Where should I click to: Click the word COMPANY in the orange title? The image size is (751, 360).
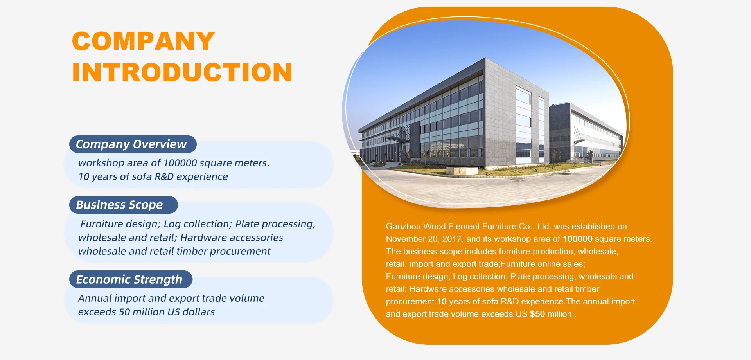pyautogui.click(x=144, y=41)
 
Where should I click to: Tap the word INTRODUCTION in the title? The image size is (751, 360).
pyautogui.click(x=182, y=72)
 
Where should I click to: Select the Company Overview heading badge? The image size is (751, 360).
pyautogui.click(x=133, y=144)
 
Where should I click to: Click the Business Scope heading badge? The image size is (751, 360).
pyautogui.click(x=123, y=205)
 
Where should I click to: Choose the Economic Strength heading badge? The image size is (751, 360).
pyautogui.click(x=131, y=279)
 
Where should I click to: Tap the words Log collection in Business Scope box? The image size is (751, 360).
pyautogui.click(x=198, y=224)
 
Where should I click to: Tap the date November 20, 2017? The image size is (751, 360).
pyautogui.click(x=424, y=239)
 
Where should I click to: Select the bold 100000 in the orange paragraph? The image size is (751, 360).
pyautogui.click(x=578, y=239)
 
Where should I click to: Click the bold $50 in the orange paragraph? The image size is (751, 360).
pyautogui.click(x=537, y=314)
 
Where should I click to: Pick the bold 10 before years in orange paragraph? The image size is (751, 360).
pyautogui.click(x=442, y=301)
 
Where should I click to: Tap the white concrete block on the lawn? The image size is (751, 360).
pyautogui.click(x=462, y=171)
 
